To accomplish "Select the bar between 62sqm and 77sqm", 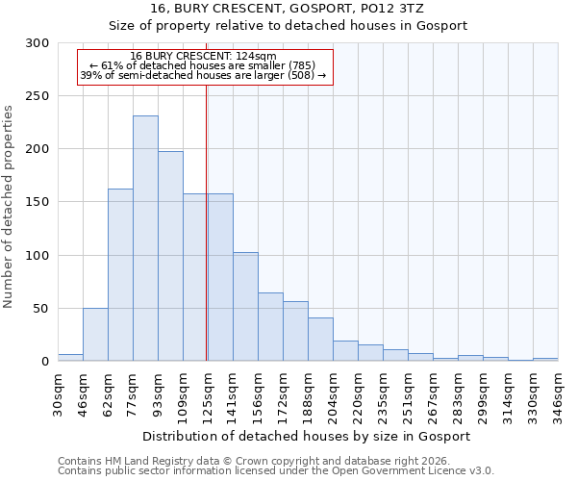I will pyautogui.click(x=120, y=275).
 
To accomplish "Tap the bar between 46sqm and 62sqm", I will pyautogui.click(x=95, y=335).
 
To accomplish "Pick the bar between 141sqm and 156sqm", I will pyautogui.click(x=245, y=307).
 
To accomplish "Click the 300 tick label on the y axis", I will pyautogui.click(x=38, y=43).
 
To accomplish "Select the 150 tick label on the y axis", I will pyautogui.click(x=38, y=202).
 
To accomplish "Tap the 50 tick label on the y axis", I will pyautogui.click(x=41, y=309).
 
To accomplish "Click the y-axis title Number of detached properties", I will pyautogui.click(x=9, y=206).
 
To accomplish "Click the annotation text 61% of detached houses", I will pyautogui.click(x=203, y=65).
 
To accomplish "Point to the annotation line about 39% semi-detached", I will pyautogui.click(x=203, y=75).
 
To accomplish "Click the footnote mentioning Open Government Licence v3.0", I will pyautogui.click(x=276, y=471).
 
